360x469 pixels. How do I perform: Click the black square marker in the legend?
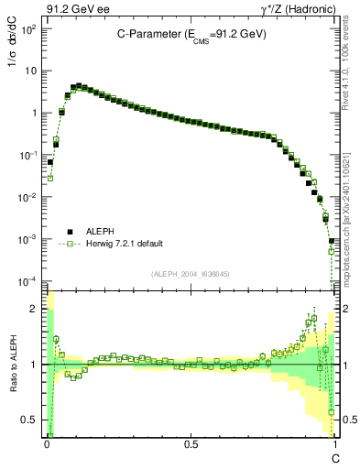[70, 232]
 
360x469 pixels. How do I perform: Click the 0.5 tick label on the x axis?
[190, 443]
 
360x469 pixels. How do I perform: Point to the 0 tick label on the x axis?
[46, 443]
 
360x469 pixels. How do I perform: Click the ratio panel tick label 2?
[34, 310]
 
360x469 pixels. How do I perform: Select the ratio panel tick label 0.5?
[30, 420]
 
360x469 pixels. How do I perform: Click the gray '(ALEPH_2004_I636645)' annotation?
[190, 274]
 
